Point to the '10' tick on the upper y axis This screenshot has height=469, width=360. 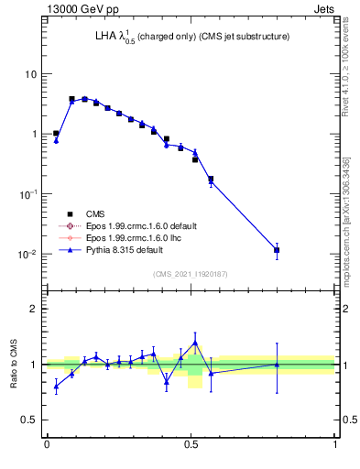[x=29, y=73]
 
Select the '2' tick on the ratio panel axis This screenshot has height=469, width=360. [x=34, y=309]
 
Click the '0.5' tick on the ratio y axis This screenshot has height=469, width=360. [x=29, y=420]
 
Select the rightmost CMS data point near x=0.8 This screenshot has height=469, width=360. [x=277, y=249]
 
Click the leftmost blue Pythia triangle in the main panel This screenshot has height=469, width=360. [x=56, y=140]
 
